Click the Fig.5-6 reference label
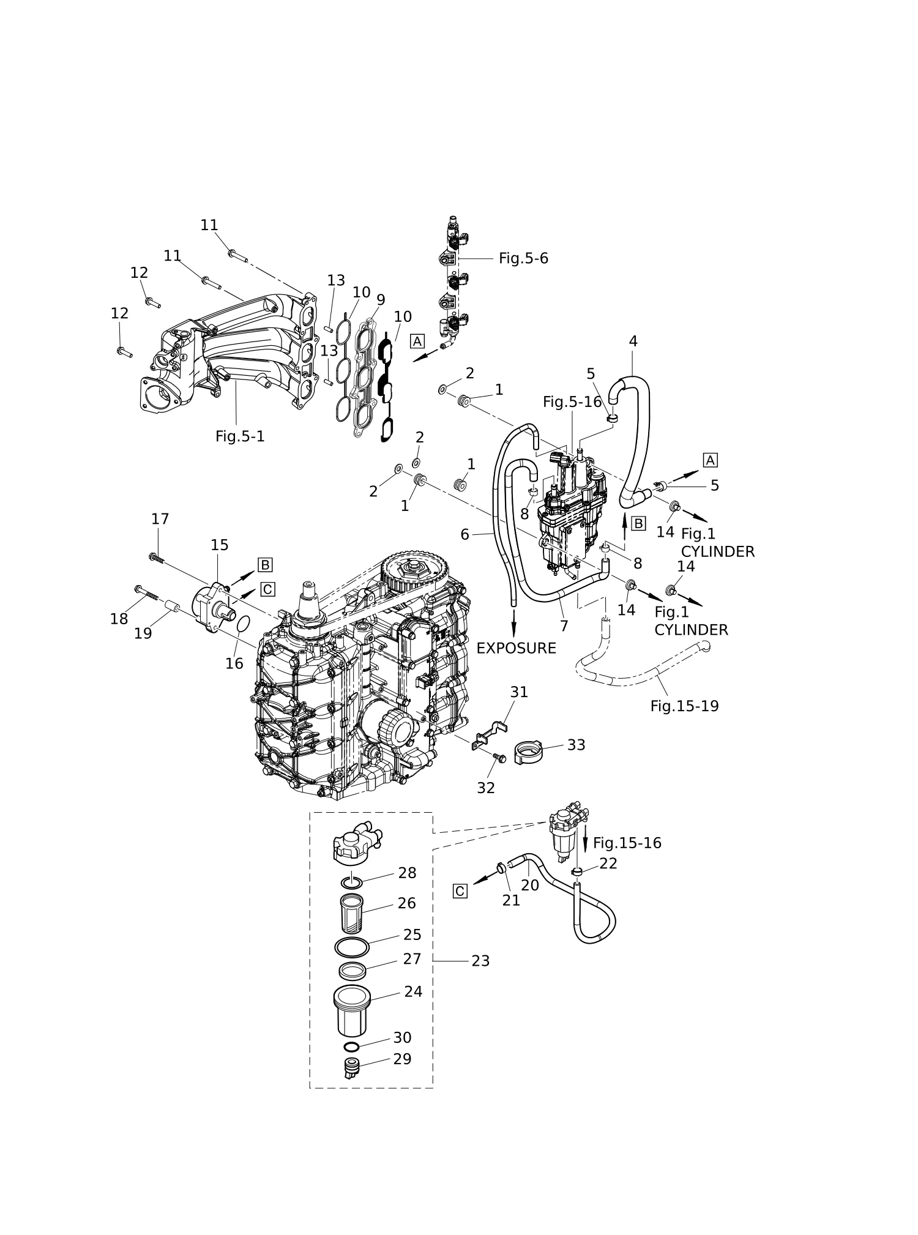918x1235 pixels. click(x=523, y=258)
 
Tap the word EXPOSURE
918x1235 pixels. click(x=516, y=648)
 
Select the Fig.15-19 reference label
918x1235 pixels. click(x=684, y=706)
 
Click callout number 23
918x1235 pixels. click(x=480, y=961)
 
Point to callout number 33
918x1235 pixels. click(x=576, y=745)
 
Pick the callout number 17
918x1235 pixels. click(x=160, y=519)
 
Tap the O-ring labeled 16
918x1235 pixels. click(x=243, y=624)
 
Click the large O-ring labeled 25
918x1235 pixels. click(x=352, y=946)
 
